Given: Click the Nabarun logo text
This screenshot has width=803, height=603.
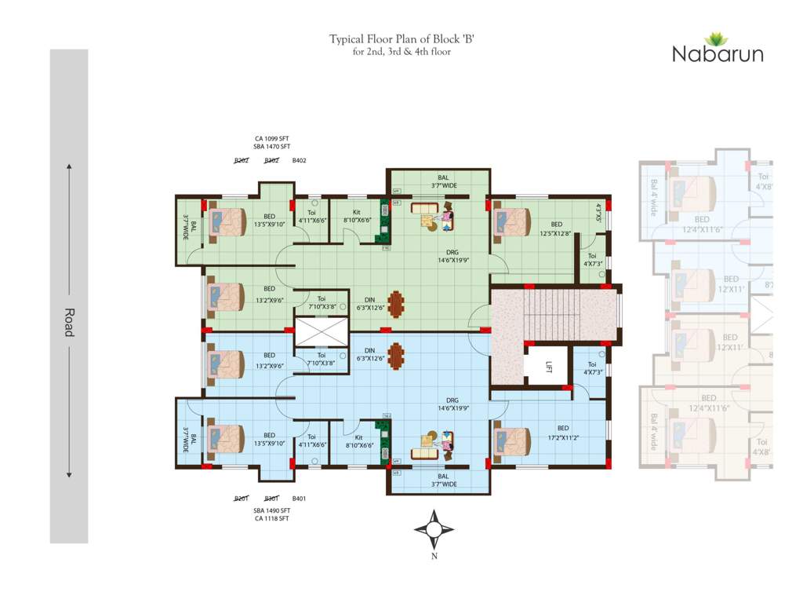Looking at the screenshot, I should point(717,54).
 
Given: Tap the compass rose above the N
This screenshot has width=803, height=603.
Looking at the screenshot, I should point(434,529).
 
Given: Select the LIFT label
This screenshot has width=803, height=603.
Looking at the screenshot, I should point(550,367).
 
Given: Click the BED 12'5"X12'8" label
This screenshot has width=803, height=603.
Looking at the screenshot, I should point(557,228).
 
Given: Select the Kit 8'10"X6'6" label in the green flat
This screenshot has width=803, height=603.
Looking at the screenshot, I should point(357,217).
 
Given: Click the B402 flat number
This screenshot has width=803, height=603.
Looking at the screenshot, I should point(299,160).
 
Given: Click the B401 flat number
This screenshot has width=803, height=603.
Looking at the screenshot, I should point(299,499).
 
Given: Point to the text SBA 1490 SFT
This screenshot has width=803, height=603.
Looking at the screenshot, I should point(271,510).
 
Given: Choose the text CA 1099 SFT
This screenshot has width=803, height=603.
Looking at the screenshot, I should point(271,138).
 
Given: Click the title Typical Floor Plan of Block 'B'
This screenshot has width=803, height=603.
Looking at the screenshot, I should point(401,38).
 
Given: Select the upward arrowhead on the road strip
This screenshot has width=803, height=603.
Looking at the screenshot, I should point(69,166).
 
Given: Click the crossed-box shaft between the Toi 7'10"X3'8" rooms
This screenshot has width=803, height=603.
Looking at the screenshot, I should point(320,331).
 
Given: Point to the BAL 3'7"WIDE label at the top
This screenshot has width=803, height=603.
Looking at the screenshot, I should point(443,181).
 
